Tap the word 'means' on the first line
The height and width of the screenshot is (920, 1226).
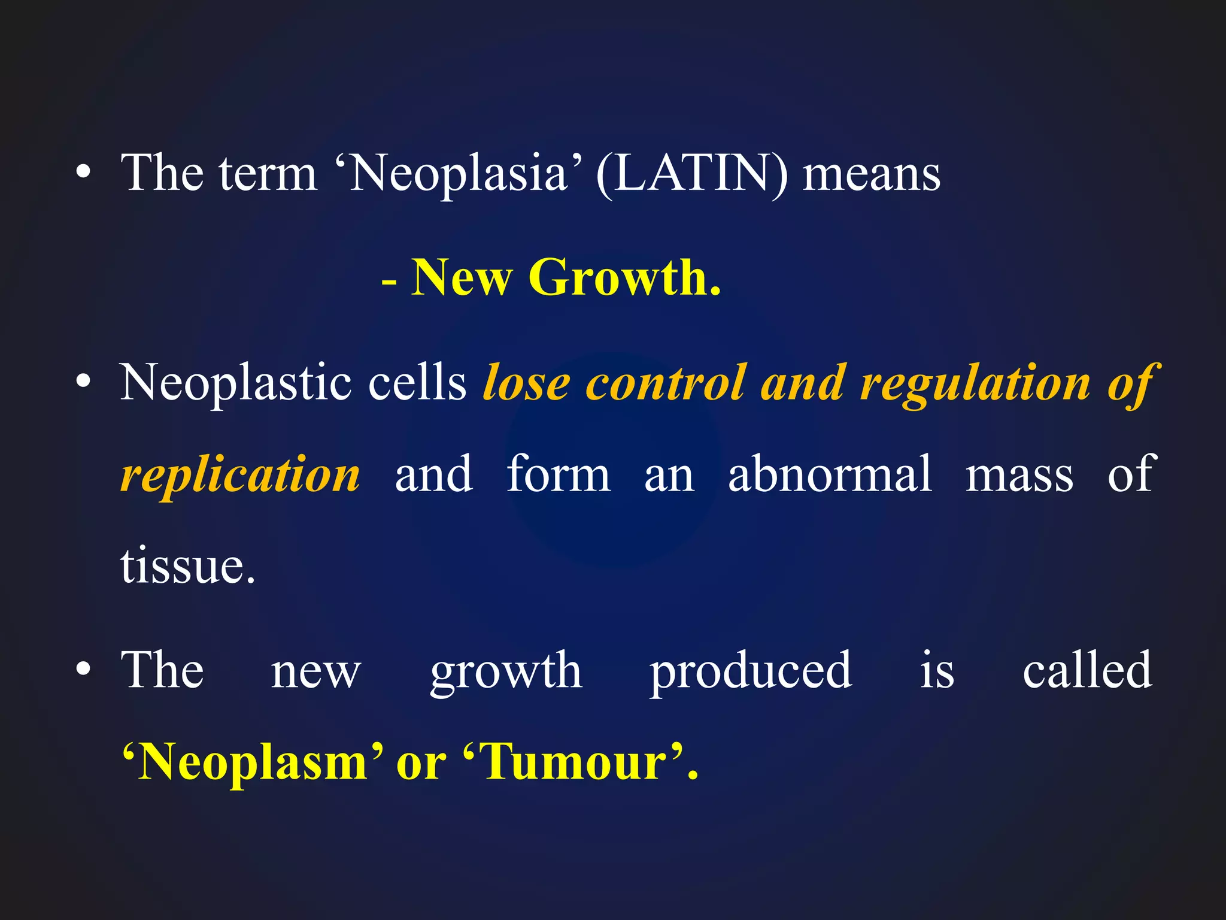click(x=871, y=175)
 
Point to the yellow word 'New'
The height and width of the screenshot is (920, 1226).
click(x=462, y=278)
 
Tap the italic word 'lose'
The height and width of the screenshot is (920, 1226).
click(x=526, y=383)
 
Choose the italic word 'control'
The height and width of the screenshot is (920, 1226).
click(x=665, y=383)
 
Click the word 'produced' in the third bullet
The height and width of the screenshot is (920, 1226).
click(x=751, y=671)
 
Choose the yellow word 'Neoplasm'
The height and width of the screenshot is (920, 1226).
click(x=252, y=762)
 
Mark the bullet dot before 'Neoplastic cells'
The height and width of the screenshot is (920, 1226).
click(x=84, y=382)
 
